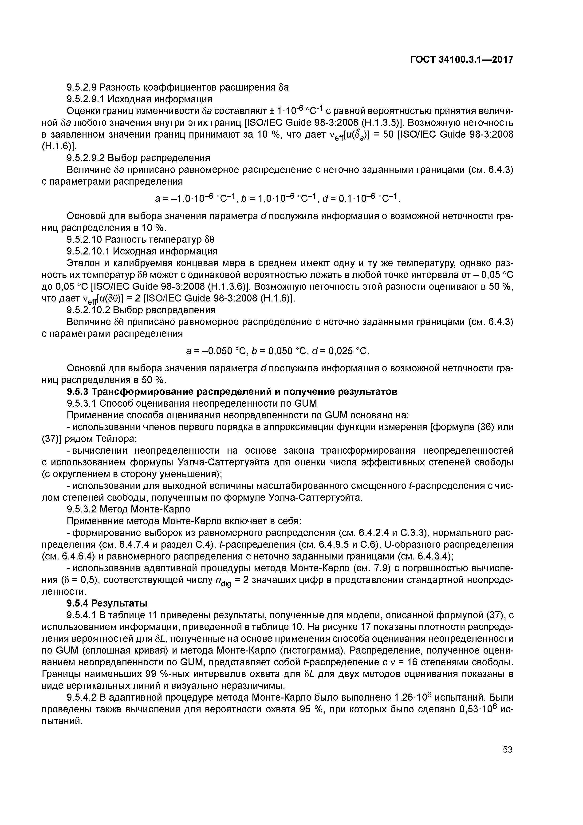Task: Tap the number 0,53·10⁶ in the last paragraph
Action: coord(478,709)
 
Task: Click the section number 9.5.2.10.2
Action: coord(87,310)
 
